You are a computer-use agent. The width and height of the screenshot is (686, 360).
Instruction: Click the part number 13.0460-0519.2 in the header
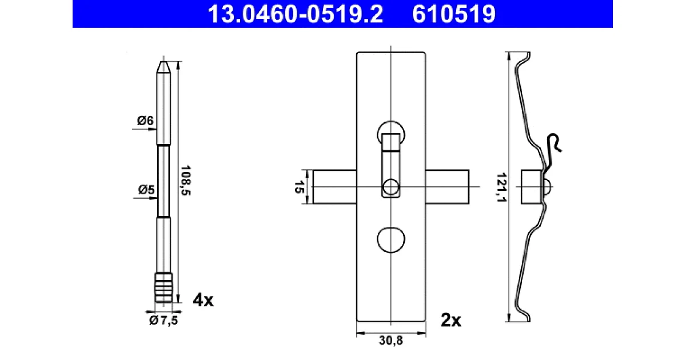295,14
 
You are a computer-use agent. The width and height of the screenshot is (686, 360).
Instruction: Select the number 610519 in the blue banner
453,14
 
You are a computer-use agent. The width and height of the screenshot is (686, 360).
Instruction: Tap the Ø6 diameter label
145,121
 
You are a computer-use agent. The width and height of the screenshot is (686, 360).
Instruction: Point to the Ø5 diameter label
146,190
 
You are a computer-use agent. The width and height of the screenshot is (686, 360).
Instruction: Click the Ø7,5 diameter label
163,321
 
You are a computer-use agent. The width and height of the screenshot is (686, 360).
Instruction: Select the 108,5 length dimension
186,181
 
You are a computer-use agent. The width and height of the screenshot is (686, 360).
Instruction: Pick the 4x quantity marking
203,300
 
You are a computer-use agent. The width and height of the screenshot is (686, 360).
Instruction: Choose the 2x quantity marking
450,321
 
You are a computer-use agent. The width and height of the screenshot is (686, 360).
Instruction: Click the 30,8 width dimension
391,340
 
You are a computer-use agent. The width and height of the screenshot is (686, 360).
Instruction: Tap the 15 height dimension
299,187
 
